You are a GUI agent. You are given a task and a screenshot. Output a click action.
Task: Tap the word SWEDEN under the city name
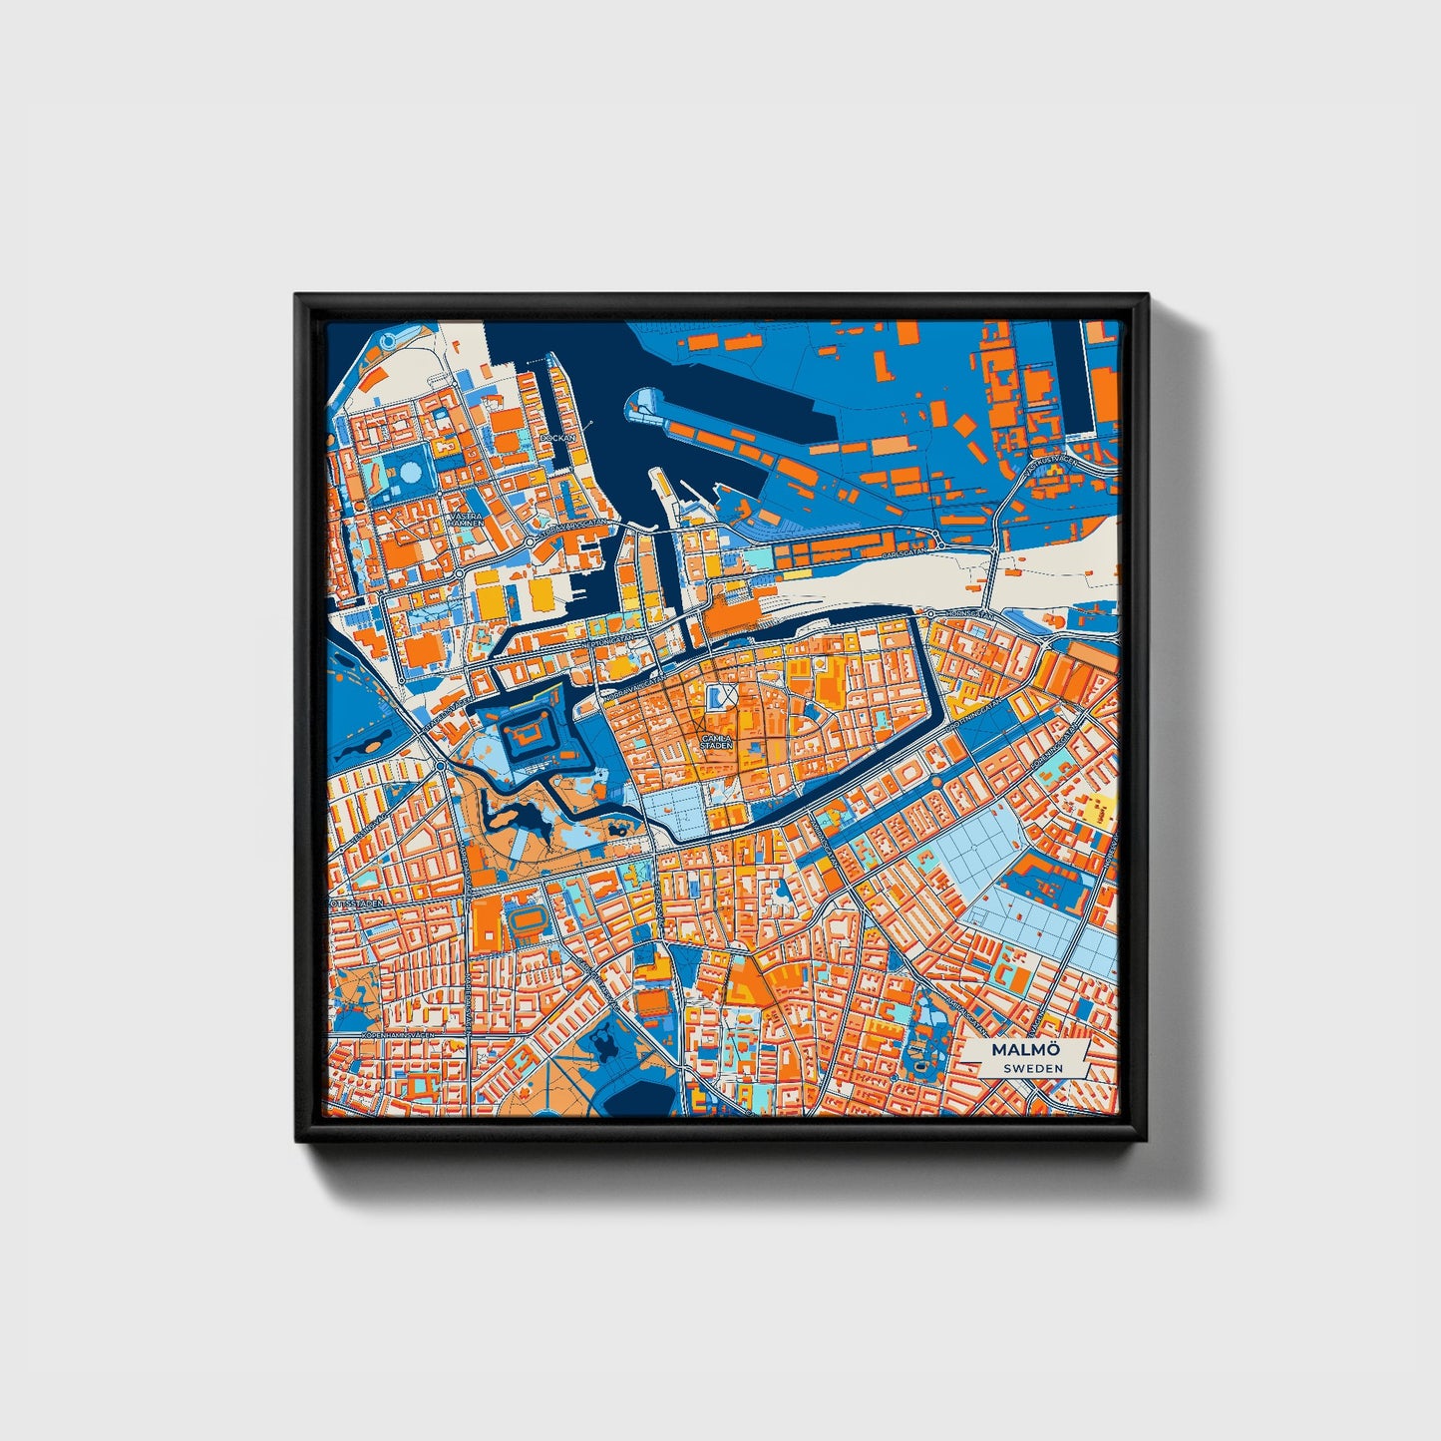pos(1032,1069)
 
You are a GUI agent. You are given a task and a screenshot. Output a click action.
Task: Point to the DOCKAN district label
pos(556,438)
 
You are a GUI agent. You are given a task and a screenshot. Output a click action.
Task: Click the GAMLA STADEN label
pos(716,742)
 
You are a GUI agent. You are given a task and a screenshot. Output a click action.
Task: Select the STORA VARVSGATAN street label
pos(568,523)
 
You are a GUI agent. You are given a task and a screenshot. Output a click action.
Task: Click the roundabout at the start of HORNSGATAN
pos(929,612)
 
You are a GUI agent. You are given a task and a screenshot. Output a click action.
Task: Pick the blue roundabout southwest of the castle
pos(441,766)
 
